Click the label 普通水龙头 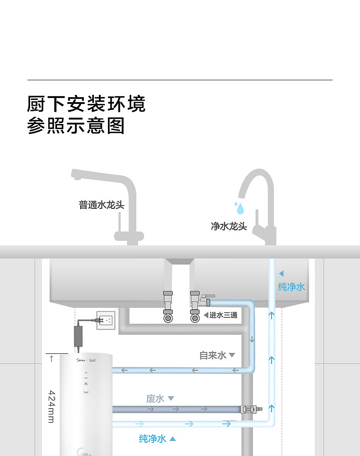tap(102, 205)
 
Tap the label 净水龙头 tap(229, 226)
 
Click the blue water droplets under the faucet tap(239, 208)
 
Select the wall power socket tap(106, 320)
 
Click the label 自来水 tap(213, 355)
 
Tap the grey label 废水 tap(155, 399)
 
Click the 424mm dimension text tap(51, 406)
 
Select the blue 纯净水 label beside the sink tap(292, 287)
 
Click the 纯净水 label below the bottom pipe tap(153, 439)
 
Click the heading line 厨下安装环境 tap(86, 104)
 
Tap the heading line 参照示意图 tap(76, 126)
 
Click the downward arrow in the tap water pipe tap(252, 339)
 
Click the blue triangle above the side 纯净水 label tap(281, 274)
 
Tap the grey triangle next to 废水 tap(171, 399)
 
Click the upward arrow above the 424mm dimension tap(51, 358)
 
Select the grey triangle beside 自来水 tap(231, 355)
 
